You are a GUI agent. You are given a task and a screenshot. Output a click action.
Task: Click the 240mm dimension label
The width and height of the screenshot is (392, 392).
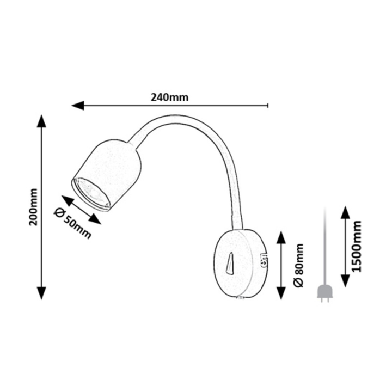169,97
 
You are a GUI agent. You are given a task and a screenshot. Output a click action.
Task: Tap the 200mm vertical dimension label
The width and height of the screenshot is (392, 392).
33,207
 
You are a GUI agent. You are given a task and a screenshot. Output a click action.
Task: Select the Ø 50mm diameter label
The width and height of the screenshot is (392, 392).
72,224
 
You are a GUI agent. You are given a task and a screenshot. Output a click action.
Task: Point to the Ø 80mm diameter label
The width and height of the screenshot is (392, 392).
299,265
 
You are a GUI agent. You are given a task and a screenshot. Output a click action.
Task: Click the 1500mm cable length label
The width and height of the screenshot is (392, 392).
357,246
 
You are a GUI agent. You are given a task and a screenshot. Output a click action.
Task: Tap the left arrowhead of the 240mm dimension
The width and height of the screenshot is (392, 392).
78,106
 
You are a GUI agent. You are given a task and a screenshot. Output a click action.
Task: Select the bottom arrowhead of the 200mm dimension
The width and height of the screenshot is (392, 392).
41,293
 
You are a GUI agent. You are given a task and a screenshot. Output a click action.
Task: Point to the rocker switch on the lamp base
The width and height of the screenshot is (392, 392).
230,264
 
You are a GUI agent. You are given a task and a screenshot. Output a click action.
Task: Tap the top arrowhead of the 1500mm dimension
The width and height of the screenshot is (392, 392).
345,213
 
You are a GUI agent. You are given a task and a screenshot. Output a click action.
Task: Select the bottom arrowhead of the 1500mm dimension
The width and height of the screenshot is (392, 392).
345,280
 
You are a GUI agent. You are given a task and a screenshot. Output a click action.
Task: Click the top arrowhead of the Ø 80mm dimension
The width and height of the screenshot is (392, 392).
281,238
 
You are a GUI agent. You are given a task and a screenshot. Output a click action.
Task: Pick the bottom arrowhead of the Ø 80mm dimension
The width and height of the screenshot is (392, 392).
281,293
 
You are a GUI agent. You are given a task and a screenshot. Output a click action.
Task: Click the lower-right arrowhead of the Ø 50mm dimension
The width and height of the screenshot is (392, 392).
95,219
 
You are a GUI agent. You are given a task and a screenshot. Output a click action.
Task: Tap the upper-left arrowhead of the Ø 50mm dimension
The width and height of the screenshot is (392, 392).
68,201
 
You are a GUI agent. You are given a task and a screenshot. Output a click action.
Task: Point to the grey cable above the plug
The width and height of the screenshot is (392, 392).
324,246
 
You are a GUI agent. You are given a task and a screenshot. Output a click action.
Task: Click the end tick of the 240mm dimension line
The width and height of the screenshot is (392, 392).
268,105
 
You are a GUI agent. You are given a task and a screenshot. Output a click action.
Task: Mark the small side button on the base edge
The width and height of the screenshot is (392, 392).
264,260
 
